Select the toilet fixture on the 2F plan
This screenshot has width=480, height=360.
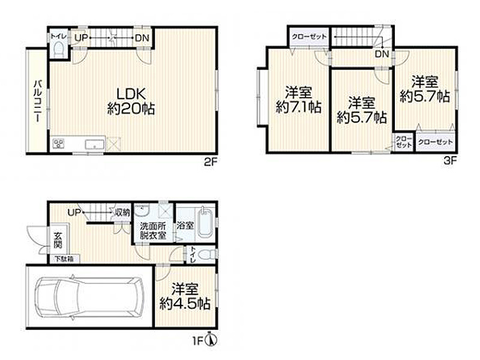pyautogui.click(x=58, y=49)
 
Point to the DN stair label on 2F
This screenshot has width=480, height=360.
pyautogui.click(x=142, y=38)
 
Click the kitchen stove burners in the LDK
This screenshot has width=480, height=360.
pyautogui.click(x=60, y=143)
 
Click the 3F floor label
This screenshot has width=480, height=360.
pyautogui.click(x=451, y=160)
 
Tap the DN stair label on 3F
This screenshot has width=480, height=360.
pyautogui.click(x=382, y=55)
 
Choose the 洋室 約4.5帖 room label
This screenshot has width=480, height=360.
pyautogui.click(x=185, y=296)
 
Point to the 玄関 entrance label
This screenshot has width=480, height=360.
pyautogui.click(x=57, y=240)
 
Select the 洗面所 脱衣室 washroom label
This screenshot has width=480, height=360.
pyautogui.click(x=153, y=231)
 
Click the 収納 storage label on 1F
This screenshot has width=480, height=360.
pyautogui.click(x=122, y=212)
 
